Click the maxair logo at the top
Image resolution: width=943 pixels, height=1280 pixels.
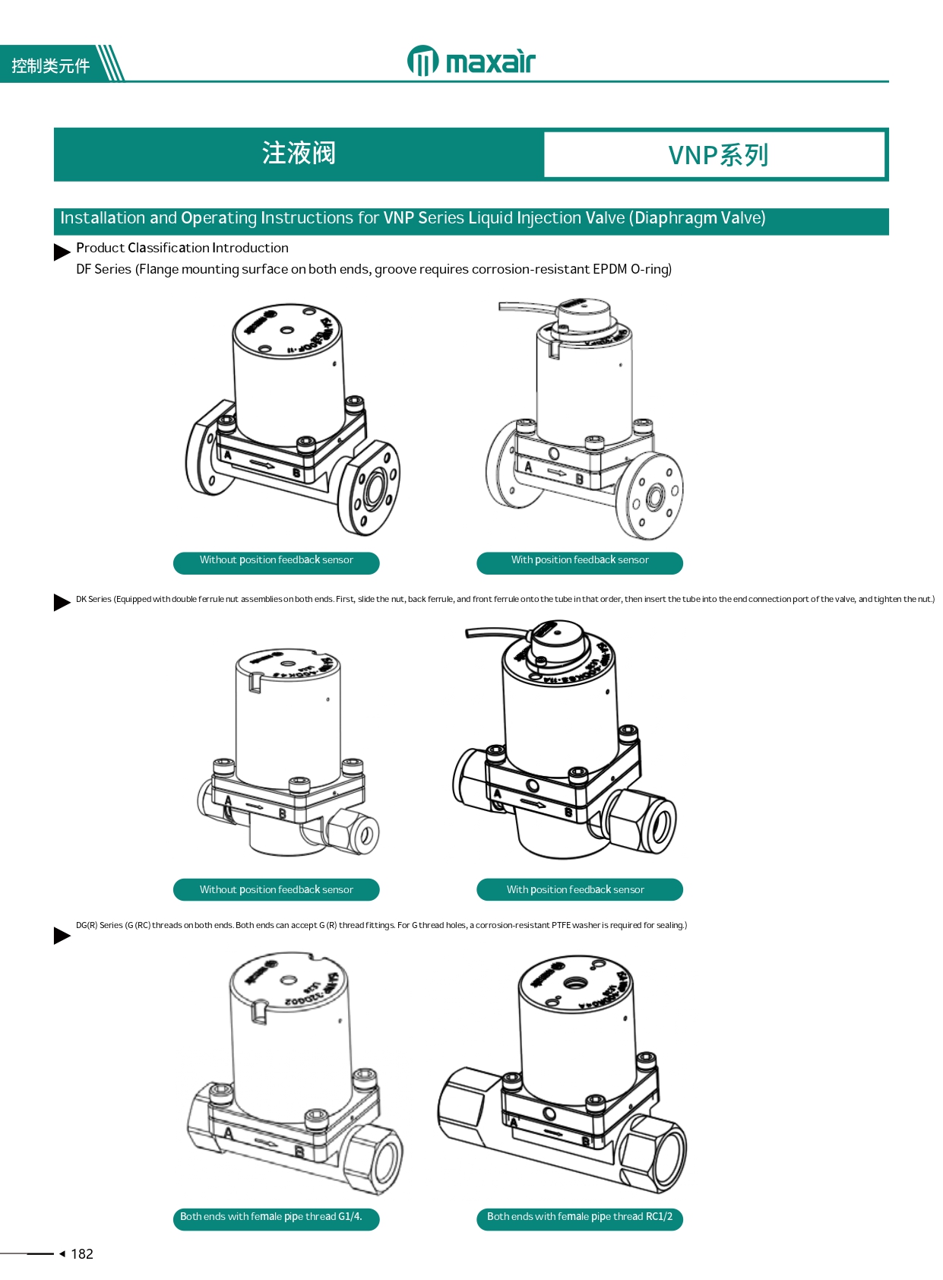[x=471, y=62]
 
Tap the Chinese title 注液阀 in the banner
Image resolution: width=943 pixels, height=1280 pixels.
[x=299, y=154]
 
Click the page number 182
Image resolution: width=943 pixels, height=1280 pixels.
[x=81, y=1254]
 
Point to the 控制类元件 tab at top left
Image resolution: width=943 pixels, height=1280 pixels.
[x=50, y=66]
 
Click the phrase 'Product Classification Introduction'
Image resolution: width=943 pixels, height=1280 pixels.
[x=182, y=248]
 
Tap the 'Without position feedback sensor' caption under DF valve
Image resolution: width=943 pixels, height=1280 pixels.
[x=276, y=560]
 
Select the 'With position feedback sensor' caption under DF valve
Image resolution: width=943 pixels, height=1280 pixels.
[x=579, y=560]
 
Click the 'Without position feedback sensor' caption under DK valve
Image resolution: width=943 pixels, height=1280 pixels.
[x=276, y=890]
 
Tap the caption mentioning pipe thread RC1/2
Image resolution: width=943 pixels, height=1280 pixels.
[x=579, y=1217]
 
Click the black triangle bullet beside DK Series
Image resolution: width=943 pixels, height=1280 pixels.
[x=62, y=602]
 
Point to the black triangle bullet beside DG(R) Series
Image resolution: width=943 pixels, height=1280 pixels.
[x=62, y=936]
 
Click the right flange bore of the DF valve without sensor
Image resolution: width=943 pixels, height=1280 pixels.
[x=374, y=490]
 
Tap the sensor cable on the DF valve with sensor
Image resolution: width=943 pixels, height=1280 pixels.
[x=524, y=308]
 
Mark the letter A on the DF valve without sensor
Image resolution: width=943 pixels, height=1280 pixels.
[x=227, y=455]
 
